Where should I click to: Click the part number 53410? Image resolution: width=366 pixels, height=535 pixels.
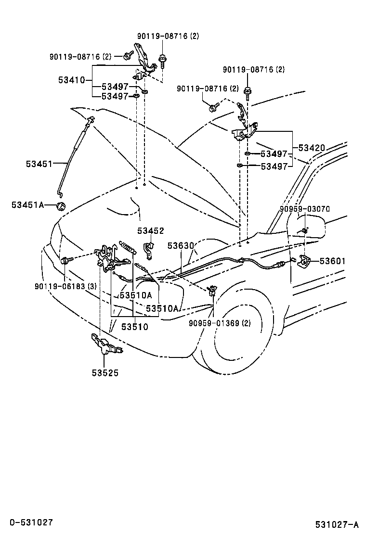(x=71, y=80)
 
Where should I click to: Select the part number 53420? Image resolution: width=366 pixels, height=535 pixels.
(x=312, y=148)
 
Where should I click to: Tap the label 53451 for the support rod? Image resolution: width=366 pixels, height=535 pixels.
(x=39, y=164)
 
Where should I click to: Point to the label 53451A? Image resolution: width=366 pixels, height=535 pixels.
(x=27, y=205)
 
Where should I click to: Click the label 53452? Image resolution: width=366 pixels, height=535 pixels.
(x=150, y=231)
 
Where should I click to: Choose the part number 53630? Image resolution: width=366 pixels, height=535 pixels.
(x=181, y=246)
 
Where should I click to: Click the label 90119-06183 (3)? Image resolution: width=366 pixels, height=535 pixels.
(x=65, y=286)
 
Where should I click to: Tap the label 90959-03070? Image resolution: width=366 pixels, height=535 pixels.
(x=305, y=209)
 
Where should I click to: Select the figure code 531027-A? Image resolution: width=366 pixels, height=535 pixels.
(x=337, y=524)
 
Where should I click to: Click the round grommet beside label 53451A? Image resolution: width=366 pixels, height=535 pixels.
(x=61, y=206)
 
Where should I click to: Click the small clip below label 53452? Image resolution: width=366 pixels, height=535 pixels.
(x=149, y=248)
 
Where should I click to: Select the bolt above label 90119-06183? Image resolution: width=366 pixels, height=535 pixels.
(x=65, y=261)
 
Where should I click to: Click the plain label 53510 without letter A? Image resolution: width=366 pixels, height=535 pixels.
(x=134, y=327)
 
